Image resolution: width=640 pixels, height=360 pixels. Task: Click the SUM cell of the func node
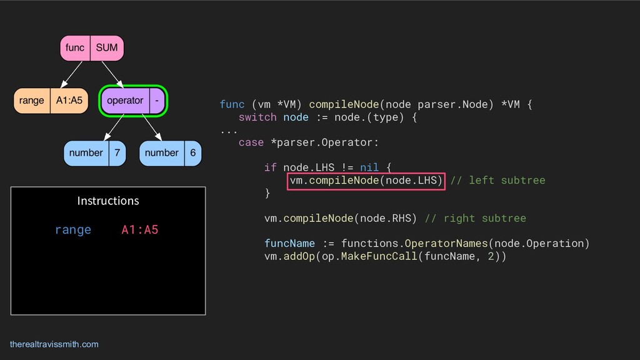point(106,48)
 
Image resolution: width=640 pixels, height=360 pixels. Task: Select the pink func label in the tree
point(75,48)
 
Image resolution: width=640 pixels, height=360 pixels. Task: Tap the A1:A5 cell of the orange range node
point(69,101)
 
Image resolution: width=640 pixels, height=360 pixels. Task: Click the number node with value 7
point(94,153)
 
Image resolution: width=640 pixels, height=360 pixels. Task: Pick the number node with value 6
point(170,153)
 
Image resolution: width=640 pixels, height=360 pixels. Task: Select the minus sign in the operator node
point(156,101)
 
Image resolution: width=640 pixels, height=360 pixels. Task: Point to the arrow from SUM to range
point(73,74)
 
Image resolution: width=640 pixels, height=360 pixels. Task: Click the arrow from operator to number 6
point(152,127)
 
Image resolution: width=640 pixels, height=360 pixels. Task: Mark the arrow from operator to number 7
point(114,127)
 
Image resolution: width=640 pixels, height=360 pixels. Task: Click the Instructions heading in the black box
point(108,201)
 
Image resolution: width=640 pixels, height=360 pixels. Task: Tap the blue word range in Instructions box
point(73,230)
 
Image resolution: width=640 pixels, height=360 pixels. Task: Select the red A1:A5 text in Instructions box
point(140,230)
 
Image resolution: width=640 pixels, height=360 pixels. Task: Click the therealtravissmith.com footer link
point(54,344)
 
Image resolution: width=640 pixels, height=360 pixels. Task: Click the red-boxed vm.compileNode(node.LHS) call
point(366,181)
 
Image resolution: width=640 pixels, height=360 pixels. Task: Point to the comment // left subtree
point(497,181)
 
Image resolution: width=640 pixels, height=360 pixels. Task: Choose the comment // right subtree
point(475,218)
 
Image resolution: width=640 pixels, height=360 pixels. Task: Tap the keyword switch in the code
point(257,117)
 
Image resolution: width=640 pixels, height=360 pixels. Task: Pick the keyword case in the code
point(251,142)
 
